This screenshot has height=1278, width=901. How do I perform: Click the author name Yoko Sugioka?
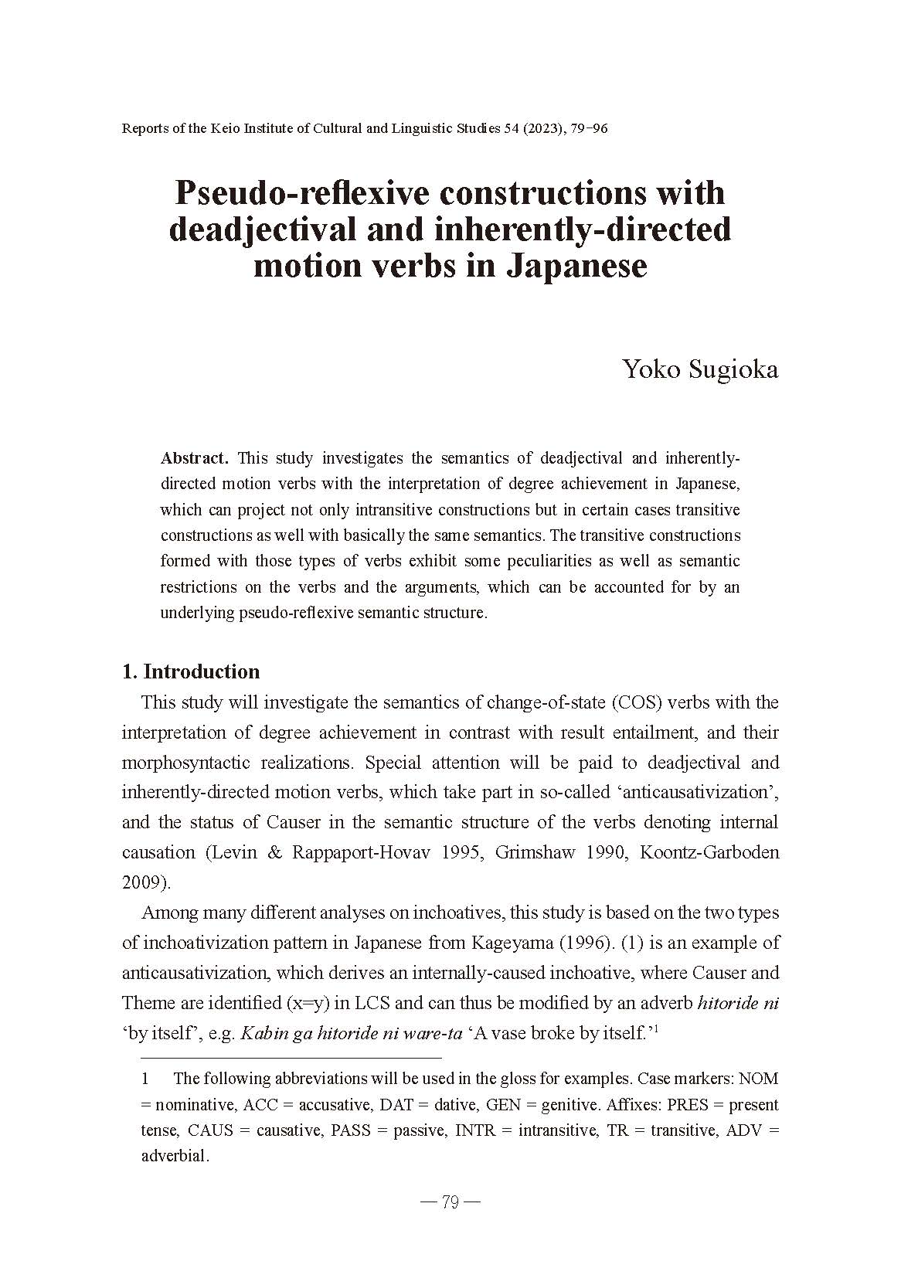[x=700, y=370]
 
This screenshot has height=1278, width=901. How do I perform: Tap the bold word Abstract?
[x=194, y=458]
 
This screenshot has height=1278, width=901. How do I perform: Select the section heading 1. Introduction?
[x=191, y=671]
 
